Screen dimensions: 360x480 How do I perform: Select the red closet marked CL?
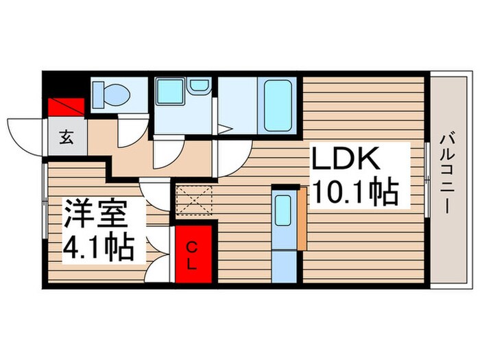coord(193,254)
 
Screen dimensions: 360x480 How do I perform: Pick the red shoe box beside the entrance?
coord(66,108)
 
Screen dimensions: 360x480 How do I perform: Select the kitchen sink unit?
coord(283,218)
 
